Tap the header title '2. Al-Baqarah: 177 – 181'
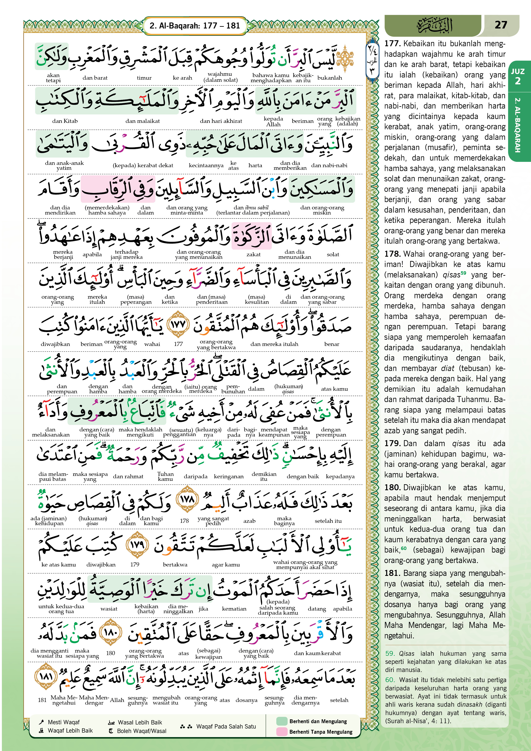pyautogui.click(x=195, y=25)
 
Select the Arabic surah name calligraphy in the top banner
pyautogui.click(x=435, y=25)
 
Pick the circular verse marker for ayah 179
pyautogui.click(x=137, y=545)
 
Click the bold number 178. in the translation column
pyautogui.click(x=392, y=254)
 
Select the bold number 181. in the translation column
pyautogui.click(x=392, y=573)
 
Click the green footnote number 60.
pyautogui.click(x=390, y=680)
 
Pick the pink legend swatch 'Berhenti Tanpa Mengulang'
pyautogui.click(x=281, y=732)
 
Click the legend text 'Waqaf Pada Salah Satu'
pyautogui.click(x=226, y=726)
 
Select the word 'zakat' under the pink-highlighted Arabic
pyautogui.click(x=253, y=255)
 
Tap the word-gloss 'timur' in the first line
pyautogui.click(x=144, y=78)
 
